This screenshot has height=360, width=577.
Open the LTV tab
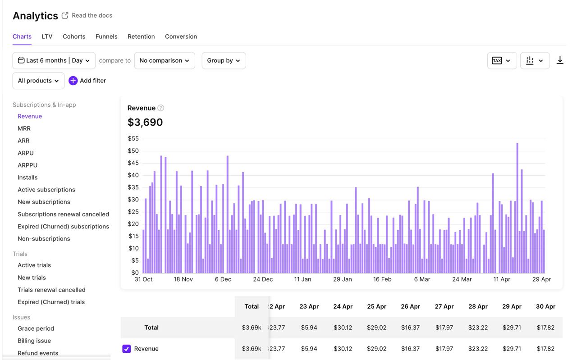click(47, 36)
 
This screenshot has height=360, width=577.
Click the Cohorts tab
click(74, 36)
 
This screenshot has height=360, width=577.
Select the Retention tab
click(141, 36)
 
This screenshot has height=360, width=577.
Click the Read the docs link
click(92, 15)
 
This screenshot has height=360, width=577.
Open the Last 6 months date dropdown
click(54, 60)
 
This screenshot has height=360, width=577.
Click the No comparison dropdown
click(165, 60)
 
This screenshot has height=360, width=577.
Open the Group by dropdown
click(224, 60)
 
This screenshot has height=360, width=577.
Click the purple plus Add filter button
click(73, 81)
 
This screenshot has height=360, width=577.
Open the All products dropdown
click(38, 81)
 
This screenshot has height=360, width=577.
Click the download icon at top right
click(560, 60)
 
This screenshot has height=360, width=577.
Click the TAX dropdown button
click(502, 60)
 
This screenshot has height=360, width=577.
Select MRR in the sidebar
click(24, 128)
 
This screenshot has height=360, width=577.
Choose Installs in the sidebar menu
click(27, 178)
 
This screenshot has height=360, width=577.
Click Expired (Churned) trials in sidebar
click(51, 302)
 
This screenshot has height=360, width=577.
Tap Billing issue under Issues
click(34, 341)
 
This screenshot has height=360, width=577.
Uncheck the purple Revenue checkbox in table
click(127, 349)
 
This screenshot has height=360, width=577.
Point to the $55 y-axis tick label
click(133, 139)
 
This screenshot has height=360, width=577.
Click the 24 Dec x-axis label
click(263, 279)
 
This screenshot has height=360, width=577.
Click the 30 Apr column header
click(545, 306)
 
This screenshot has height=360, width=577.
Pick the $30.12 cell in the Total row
click(343, 328)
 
